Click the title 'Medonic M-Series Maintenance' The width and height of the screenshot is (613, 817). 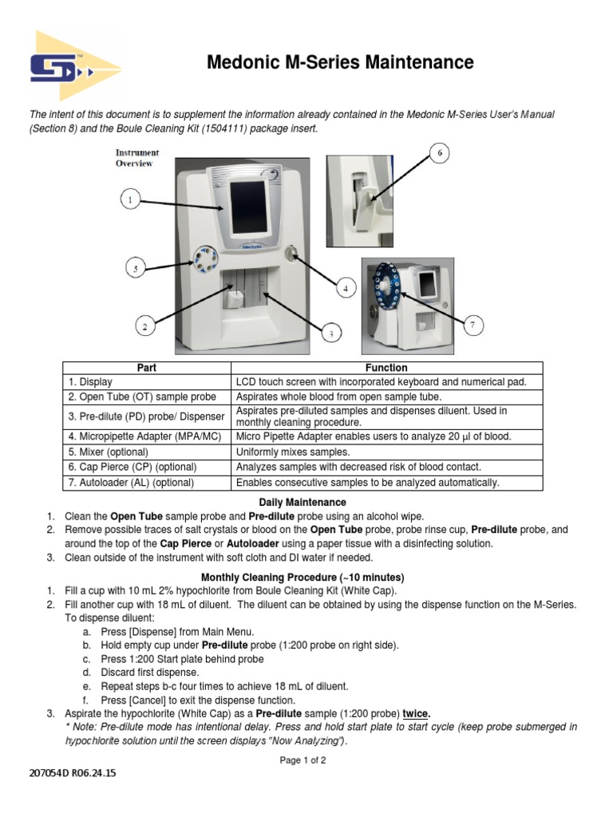[x=340, y=62]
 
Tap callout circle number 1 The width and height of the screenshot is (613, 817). [x=131, y=200]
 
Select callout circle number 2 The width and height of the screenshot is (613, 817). [x=144, y=326]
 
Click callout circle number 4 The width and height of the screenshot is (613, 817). [x=346, y=289]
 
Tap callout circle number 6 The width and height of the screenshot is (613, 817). [x=439, y=154]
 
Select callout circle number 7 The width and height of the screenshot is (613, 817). [x=473, y=325]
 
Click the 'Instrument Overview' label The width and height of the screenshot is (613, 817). [x=136, y=157]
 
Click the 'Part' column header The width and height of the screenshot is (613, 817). [x=147, y=368]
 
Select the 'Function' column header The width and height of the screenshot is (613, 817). [x=386, y=368]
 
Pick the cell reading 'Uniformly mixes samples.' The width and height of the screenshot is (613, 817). [x=293, y=452]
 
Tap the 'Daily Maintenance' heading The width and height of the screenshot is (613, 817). [x=303, y=502]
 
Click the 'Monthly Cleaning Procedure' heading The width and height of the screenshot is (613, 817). [x=303, y=577]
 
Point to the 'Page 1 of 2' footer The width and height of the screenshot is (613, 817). [x=303, y=760]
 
